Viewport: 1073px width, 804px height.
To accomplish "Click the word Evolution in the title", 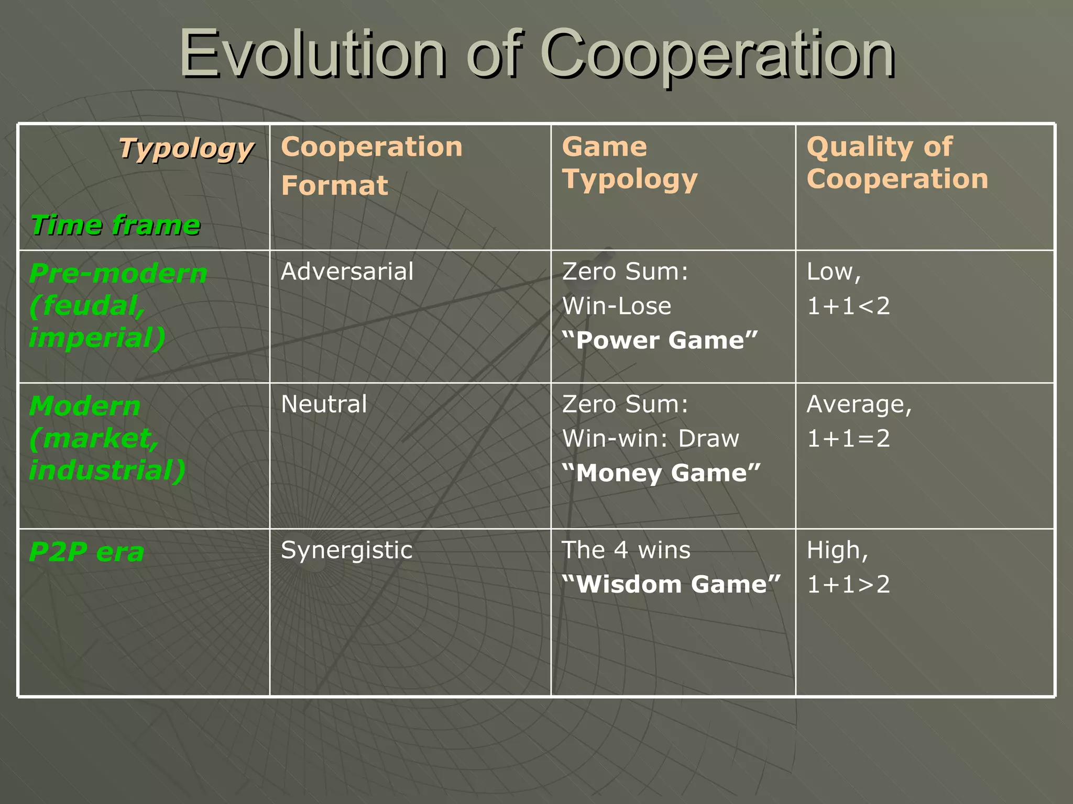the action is [x=312, y=54].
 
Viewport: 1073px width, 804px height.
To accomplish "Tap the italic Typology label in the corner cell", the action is [x=186, y=149].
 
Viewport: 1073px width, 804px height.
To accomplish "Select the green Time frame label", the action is [x=115, y=225].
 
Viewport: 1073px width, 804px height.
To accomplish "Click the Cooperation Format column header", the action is [x=371, y=165].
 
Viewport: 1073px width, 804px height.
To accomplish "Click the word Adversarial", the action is [x=347, y=272].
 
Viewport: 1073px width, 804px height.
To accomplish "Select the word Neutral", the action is [x=324, y=404].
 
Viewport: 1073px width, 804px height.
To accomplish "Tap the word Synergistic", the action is [x=346, y=550].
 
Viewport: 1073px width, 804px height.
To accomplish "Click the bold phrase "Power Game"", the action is [x=660, y=340].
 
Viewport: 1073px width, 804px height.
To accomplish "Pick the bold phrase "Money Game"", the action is [x=661, y=473].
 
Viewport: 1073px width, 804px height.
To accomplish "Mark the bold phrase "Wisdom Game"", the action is [x=671, y=584].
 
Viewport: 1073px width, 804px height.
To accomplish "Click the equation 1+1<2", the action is [x=848, y=306].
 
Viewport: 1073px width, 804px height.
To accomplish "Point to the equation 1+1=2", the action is [x=848, y=438].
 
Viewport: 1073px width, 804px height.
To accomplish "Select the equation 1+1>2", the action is [x=848, y=584].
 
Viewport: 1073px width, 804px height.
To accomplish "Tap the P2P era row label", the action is [x=86, y=552].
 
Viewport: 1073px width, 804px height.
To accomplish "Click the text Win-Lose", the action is [x=616, y=306].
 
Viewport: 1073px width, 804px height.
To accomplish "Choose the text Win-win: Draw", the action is [x=650, y=438].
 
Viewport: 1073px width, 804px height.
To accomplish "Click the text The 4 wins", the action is [x=626, y=550].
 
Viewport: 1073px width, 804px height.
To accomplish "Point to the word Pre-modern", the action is [x=118, y=273].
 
